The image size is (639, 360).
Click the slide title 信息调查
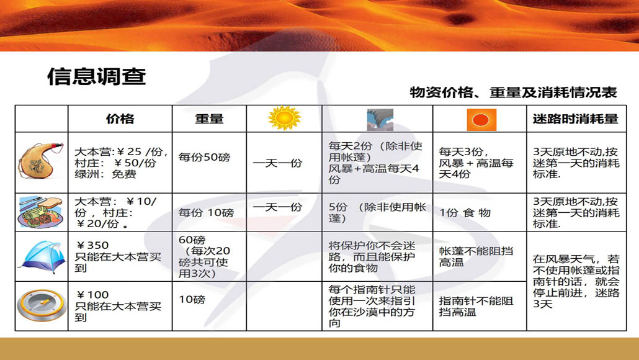tap(97, 76)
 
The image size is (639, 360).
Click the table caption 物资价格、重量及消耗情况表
tap(513, 92)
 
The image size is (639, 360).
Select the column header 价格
tap(120, 119)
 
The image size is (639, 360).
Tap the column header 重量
tap(209, 119)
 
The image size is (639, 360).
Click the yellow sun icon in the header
tap(285, 118)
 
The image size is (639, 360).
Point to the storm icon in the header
tap(380, 119)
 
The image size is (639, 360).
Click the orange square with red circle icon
tap(481, 120)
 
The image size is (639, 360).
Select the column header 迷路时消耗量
tap(576, 119)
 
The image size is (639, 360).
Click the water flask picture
tap(41, 161)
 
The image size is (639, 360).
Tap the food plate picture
tap(41, 212)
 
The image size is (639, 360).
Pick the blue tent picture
tap(42, 257)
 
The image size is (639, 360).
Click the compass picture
tap(42, 306)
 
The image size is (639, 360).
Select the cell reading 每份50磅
tap(204, 158)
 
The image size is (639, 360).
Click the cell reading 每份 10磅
tap(206, 213)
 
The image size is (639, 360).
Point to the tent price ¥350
tap(92, 245)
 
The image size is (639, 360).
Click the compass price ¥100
tap(92, 295)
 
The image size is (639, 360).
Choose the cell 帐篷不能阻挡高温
tap(476, 256)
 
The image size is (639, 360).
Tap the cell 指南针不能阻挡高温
tap(476, 307)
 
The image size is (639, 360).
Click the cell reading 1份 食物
tap(465, 213)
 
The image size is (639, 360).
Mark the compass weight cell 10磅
tap(192, 300)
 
